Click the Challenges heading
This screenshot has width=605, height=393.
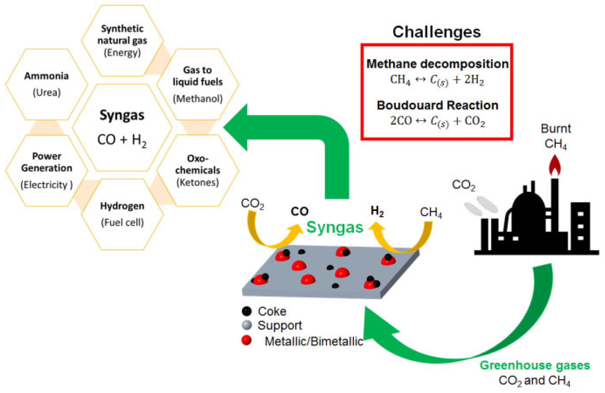tap(436, 32)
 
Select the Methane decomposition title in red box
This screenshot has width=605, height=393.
tap(437, 63)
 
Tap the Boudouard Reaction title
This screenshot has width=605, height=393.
tap(437, 105)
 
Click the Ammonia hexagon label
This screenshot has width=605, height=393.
tap(47, 76)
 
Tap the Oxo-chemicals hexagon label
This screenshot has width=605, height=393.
tap(198, 165)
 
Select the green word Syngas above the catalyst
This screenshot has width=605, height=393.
tap(335, 227)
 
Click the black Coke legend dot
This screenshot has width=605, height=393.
tap(246, 311)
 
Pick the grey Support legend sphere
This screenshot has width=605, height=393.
tap(246, 325)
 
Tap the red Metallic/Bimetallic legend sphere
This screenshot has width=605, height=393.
tap(246, 340)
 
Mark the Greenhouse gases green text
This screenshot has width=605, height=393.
tap(535, 366)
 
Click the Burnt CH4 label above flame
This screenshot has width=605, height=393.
tap(556, 136)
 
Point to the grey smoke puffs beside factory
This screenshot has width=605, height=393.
tap(480, 206)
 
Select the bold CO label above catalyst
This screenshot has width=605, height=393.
tap(299, 211)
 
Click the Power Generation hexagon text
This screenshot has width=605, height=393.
tap(47, 162)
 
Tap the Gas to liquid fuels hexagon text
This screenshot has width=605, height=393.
tap(198, 76)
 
